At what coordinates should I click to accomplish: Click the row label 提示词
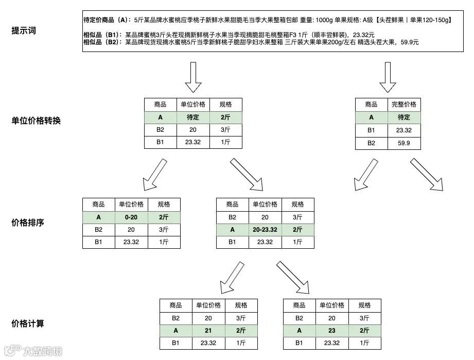24,30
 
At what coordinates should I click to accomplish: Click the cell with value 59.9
404,143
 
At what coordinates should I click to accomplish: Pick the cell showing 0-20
132,217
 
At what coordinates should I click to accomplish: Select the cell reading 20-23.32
265,230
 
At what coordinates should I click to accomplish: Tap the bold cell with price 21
208,331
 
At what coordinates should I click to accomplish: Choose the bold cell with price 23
332,331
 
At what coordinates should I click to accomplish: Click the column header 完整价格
404,105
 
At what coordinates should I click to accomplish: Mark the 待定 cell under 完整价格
404,117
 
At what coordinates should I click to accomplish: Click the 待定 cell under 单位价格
193,117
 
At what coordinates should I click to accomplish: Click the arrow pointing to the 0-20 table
154,174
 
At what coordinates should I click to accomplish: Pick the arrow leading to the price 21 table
232,277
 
